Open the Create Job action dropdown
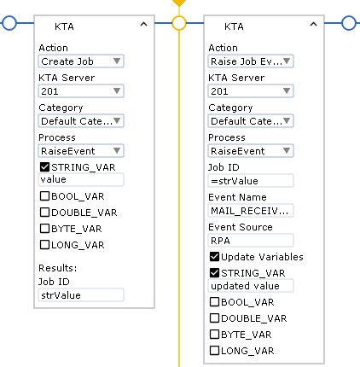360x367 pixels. tap(81, 61)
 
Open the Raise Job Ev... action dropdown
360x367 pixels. tap(251, 61)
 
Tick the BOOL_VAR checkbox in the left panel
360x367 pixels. tap(44, 196)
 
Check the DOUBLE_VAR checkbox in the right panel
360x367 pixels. tap(214, 317)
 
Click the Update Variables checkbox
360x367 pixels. tap(214, 257)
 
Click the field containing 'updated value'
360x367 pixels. tap(251, 286)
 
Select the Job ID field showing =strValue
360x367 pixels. tap(251, 181)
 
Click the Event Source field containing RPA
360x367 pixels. tap(251, 241)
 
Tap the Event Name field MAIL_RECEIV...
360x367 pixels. tap(251, 211)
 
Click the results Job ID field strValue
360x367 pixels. tap(81, 295)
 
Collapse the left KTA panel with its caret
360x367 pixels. tap(144, 25)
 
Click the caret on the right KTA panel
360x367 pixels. tap(313, 25)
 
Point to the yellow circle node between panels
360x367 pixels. tap(179, 23)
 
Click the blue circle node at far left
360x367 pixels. tap(9, 23)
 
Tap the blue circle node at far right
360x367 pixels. tap(349, 23)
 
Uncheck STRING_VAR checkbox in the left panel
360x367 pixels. tap(44, 166)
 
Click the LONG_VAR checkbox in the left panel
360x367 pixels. tap(44, 245)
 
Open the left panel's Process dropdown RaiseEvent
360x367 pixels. tap(81, 151)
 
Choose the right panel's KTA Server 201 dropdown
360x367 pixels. tap(251, 91)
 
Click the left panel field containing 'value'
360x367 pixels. tap(81, 179)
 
